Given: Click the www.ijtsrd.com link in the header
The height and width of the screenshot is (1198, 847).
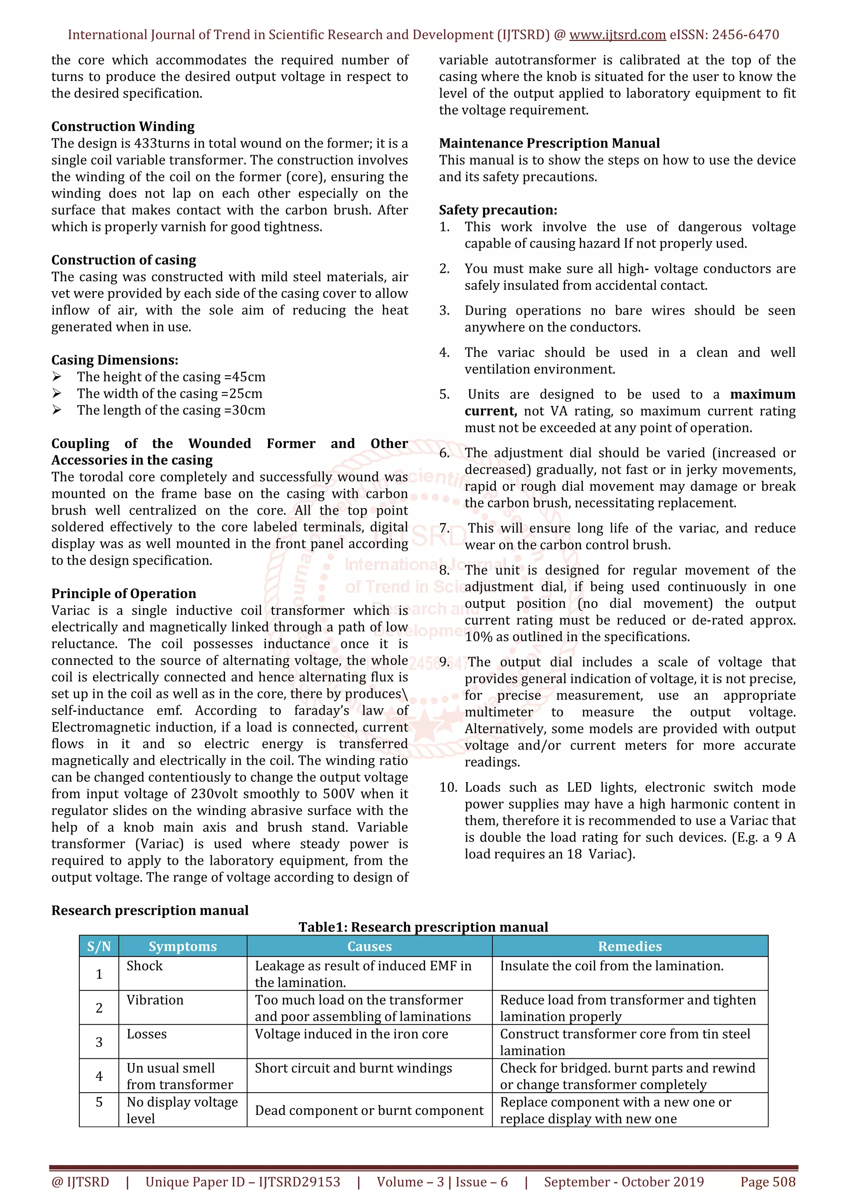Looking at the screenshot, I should coord(617,35).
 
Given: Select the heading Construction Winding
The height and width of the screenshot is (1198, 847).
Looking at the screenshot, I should coord(123,127).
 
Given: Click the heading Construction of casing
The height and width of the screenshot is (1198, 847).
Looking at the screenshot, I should coord(124,260).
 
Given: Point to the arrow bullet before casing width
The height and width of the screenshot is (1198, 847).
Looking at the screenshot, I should coord(57,394).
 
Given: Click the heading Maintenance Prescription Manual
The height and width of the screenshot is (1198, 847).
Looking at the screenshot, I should coord(549,143).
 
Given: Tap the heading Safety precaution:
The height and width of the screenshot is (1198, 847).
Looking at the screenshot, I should coord(498,210).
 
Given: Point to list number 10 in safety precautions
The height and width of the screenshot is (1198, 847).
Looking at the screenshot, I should coord(448,788).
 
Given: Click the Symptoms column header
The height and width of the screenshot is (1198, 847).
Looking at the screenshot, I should coord(183,947).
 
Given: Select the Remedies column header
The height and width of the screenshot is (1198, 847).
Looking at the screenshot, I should coord(629,947).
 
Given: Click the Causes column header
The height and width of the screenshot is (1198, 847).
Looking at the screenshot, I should coord(369,947).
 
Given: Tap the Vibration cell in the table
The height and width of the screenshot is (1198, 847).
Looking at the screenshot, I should coord(155,1000).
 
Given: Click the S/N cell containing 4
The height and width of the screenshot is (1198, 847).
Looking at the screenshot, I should coord(99,1076).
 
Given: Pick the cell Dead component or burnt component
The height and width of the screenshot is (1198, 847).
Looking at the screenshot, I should coord(369,1110).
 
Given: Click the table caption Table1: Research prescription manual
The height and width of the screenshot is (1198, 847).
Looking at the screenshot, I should coord(423,927).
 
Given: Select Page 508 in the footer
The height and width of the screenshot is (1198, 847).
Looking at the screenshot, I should coord(768,1182).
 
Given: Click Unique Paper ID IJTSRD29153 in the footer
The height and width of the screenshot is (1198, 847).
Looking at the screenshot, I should coord(243,1182).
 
